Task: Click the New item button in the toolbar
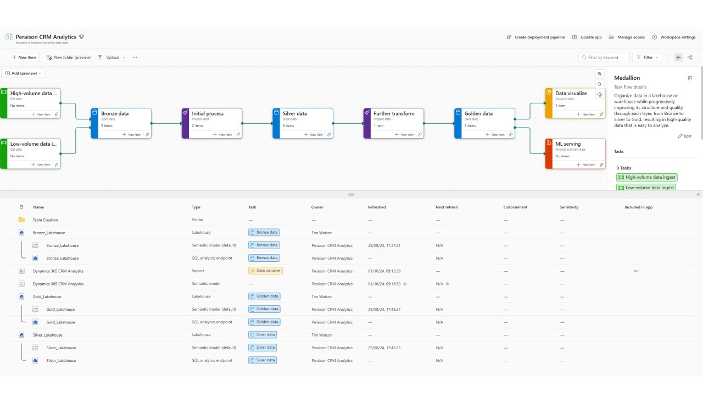coord(23,57)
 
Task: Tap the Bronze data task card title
coord(115,113)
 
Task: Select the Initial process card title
coord(208,113)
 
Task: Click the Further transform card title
coord(394,113)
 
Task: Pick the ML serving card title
coord(568,144)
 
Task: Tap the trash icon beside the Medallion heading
coord(690,78)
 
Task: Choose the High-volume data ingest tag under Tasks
coord(646,177)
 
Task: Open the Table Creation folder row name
coord(45,220)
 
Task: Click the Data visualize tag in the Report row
coord(265,271)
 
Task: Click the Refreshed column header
coord(377,207)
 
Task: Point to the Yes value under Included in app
coord(635,271)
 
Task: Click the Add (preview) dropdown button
coord(23,73)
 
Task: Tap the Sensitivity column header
coord(569,207)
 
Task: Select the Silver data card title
coord(295,113)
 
